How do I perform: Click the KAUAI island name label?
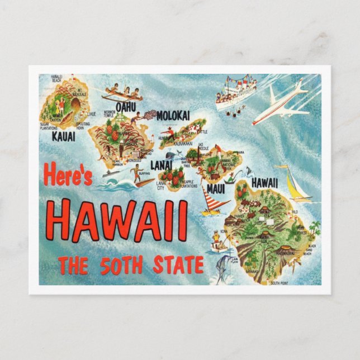pyautogui.click(x=64, y=135)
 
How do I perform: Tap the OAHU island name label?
pyautogui.click(x=126, y=106)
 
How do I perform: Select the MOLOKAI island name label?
pyautogui.click(x=173, y=115)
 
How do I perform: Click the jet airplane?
pyautogui.click(x=281, y=103)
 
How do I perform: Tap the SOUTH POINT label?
pyautogui.click(x=283, y=283)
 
